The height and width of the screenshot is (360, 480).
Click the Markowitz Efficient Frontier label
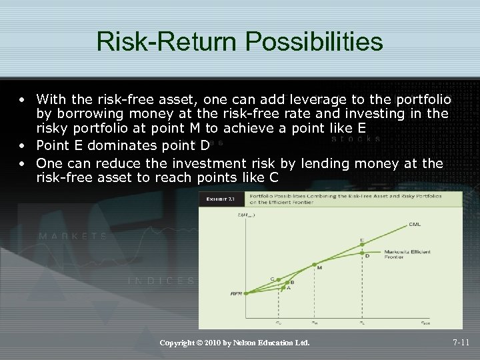click(403, 254)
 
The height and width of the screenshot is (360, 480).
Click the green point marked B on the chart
click(287, 283)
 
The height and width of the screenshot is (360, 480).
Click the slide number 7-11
click(461, 343)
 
